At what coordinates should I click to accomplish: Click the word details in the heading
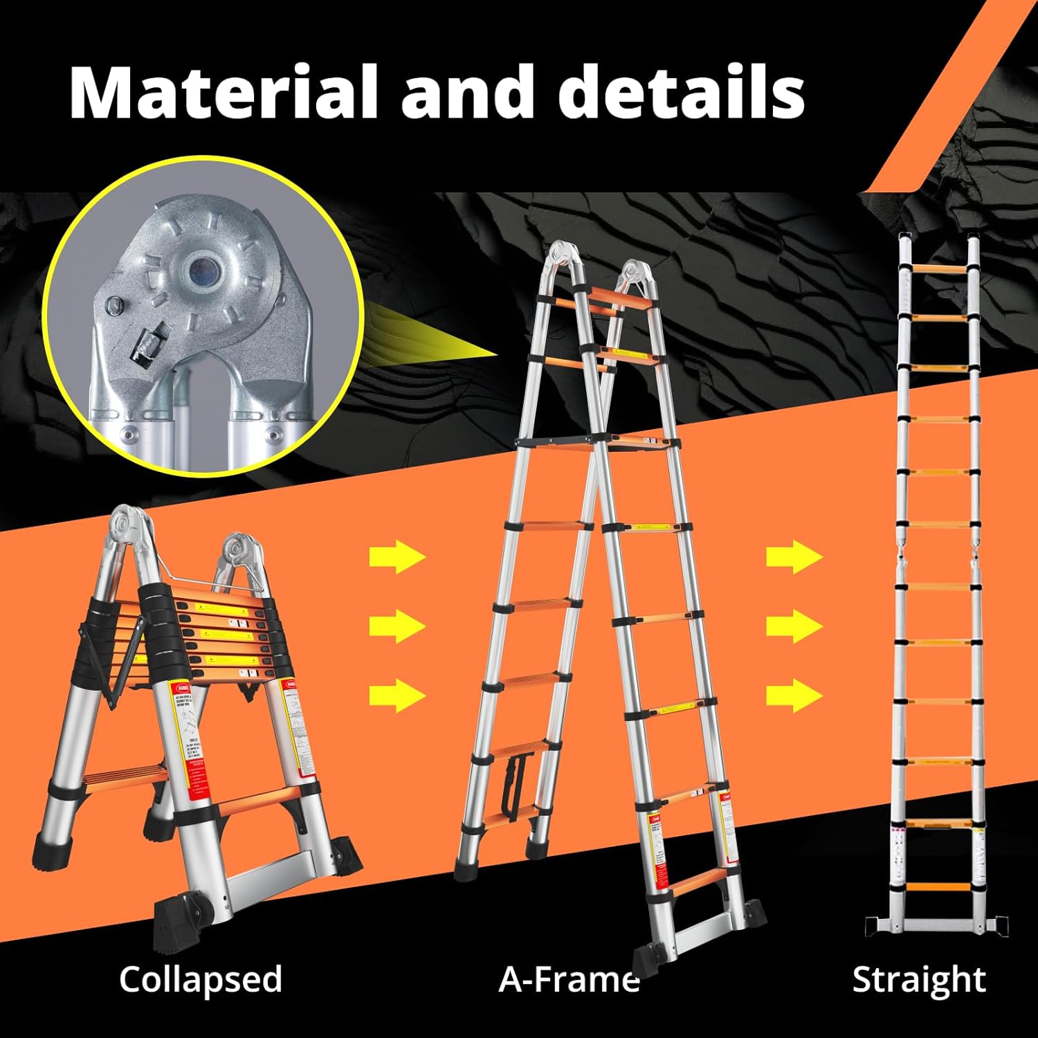(x=682, y=92)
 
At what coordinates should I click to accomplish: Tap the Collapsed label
(x=201, y=979)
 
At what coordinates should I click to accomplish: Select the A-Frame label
(x=569, y=979)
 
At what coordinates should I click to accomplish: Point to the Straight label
(x=918, y=979)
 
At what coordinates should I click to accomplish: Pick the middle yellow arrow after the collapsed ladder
(x=397, y=626)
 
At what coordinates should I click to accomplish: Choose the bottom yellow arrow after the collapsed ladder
(x=397, y=694)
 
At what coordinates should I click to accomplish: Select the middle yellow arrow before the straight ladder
(x=794, y=626)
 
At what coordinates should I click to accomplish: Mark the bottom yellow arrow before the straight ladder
(x=794, y=694)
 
